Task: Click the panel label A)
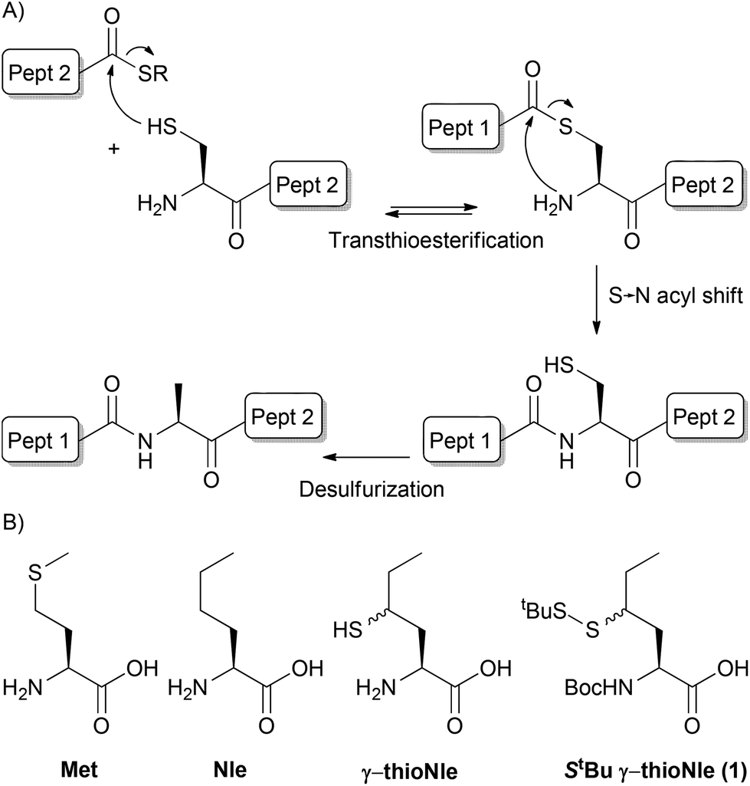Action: point(13,13)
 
